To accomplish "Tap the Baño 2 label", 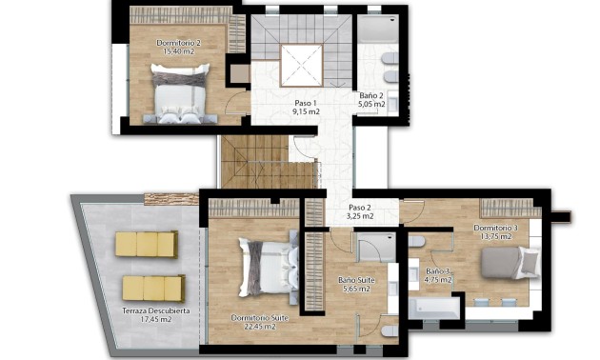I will tap(371, 95).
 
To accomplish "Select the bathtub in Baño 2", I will tap(381, 38).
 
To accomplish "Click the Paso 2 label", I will tap(360, 207).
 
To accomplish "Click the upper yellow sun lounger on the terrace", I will tap(147, 245).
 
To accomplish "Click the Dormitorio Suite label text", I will tap(252, 317).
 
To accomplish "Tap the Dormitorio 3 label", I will tap(495, 228).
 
